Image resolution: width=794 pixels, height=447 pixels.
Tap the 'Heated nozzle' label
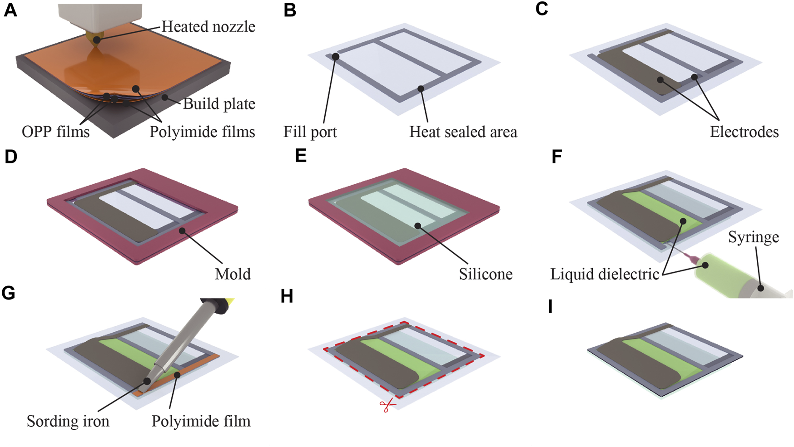[208, 27]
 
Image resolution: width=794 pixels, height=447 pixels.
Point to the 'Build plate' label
[219, 104]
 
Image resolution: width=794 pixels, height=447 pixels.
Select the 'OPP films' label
[55, 132]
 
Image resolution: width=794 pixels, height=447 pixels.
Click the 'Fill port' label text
[310, 132]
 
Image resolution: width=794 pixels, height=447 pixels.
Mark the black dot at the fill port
[335, 57]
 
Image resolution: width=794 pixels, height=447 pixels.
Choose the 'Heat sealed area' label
[463, 132]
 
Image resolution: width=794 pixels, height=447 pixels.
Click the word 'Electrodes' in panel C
[744, 132]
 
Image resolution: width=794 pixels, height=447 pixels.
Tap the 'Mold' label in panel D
[233, 274]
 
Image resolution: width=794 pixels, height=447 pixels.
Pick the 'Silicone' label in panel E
[486, 274]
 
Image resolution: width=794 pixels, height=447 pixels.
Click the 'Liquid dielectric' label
[605, 274]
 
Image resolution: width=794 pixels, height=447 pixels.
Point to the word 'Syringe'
[754, 237]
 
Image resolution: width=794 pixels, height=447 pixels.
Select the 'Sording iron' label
[68, 421]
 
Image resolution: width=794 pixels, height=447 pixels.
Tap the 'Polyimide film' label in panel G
[201, 421]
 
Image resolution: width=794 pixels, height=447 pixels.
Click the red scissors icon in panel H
[387, 405]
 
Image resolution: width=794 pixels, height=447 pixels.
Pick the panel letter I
[551, 307]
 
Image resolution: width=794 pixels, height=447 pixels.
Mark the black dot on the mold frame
[183, 231]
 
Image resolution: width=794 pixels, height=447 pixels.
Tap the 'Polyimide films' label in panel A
[202, 132]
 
